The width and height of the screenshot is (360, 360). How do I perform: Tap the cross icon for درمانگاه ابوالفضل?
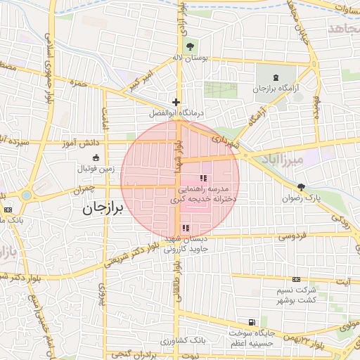[x=176, y=102]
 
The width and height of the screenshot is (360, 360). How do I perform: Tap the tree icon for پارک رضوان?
[x=302, y=186]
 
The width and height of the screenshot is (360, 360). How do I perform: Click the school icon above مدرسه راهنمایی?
[x=203, y=179]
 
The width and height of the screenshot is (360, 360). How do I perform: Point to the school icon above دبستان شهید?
[x=186, y=228]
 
